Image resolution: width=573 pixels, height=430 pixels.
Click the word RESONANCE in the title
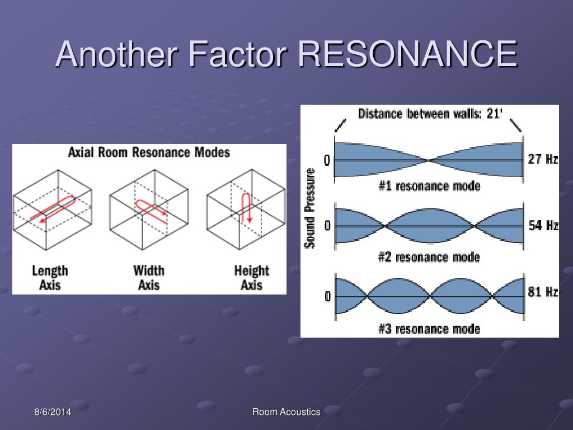click(407, 54)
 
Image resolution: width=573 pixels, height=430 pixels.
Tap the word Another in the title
click(116, 54)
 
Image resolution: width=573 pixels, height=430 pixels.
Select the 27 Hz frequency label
click(543, 159)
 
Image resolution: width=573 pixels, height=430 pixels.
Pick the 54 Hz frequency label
click(543, 226)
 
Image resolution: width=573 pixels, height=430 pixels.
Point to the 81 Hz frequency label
click(543, 292)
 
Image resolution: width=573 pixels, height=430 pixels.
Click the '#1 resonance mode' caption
click(429, 186)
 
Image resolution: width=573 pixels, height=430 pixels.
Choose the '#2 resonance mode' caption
click(429, 257)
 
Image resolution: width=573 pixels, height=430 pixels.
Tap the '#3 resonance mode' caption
click(429, 328)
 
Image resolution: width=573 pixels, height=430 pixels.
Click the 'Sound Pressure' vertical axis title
click(309, 208)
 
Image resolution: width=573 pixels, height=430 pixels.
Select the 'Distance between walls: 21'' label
click(430, 114)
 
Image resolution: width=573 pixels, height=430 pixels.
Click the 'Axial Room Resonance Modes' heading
click(149, 152)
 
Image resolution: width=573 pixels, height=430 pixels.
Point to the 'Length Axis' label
click(50, 278)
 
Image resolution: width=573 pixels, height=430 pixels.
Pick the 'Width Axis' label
click(149, 278)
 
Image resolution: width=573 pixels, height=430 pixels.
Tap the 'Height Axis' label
click(251, 278)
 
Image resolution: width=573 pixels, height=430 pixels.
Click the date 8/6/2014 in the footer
click(51, 412)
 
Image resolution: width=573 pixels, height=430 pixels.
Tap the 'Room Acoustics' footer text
click(286, 412)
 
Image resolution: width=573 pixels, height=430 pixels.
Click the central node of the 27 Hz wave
click(429, 161)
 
